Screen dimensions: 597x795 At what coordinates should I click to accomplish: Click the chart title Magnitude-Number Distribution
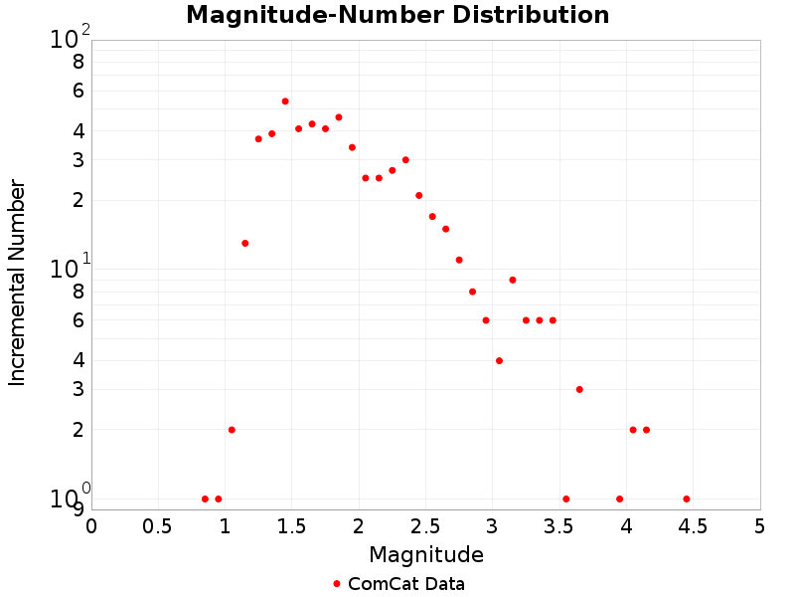click(x=397, y=15)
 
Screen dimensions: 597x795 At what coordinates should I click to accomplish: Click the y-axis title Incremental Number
click(x=17, y=283)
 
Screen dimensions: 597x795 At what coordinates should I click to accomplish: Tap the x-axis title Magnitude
click(x=426, y=554)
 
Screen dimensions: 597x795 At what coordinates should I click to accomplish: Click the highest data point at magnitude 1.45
click(x=285, y=101)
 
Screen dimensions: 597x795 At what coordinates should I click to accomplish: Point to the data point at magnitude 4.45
click(x=687, y=498)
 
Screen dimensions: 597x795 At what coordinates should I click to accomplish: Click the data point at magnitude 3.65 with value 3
click(x=579, y=389)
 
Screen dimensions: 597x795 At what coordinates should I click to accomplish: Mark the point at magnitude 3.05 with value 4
click(x=499, y=360)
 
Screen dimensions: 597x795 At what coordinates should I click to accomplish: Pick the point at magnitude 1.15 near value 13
click(x=244, y=243)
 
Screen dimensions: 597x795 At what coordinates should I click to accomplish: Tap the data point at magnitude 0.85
click(x=205, y=498)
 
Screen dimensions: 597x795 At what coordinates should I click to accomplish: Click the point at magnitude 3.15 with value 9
click(x=513, y=280)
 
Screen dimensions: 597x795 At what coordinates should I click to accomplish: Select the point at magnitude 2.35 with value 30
click(x=405, y=159)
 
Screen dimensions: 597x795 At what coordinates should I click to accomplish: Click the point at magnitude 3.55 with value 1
click(x=566, y=498)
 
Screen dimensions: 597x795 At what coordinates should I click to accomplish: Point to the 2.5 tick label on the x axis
click(x=426, y=525)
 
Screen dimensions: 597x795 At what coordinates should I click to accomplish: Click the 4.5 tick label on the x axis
click(x=694, y=525)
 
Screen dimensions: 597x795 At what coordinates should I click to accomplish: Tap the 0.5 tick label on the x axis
click(x=159, y=525)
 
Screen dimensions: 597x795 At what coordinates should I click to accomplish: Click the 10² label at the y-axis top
click(x=70, y=39)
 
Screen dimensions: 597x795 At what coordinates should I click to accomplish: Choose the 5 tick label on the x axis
click(x=760, y=525)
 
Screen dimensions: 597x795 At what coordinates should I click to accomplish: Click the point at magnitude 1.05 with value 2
click(x=232, y=430)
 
